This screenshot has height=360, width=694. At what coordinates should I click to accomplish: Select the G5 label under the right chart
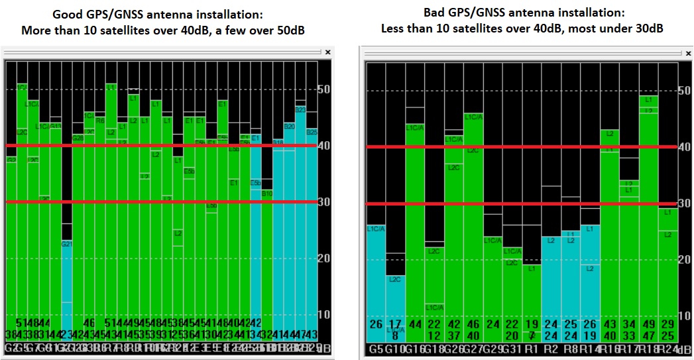(375, 348)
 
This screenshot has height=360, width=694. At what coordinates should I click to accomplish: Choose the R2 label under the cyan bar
(550, 348)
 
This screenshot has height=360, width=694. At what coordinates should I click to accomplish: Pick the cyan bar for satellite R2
(551, 278)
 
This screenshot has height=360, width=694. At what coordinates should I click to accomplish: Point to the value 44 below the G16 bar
(414, 325)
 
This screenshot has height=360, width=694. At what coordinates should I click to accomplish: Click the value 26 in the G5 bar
(376, 325)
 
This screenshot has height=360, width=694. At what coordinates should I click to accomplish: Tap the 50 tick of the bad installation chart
(685, 90)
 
